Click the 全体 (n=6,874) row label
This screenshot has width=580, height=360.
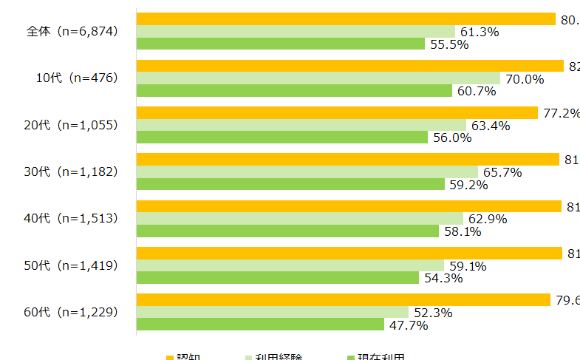click(x=72, y=32)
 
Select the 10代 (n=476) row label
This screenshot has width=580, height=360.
click(x=77, y=78)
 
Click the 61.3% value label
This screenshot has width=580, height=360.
click(x=480, y=32)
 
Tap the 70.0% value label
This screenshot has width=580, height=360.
click(x=524, y=78)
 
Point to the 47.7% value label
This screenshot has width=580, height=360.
click(x=407, y=325)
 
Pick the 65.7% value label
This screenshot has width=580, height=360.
click(x=502, y=172)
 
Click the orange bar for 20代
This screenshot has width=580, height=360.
click(x=337, y=112)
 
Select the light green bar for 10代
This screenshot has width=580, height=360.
click(x=318, y=78)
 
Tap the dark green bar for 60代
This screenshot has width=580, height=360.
click(x=260, y=325)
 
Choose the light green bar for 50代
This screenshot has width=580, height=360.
click(x=290, y=265)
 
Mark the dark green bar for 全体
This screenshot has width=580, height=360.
click(x=281, y=44)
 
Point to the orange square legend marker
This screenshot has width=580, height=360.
click(x=169, y=357)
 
